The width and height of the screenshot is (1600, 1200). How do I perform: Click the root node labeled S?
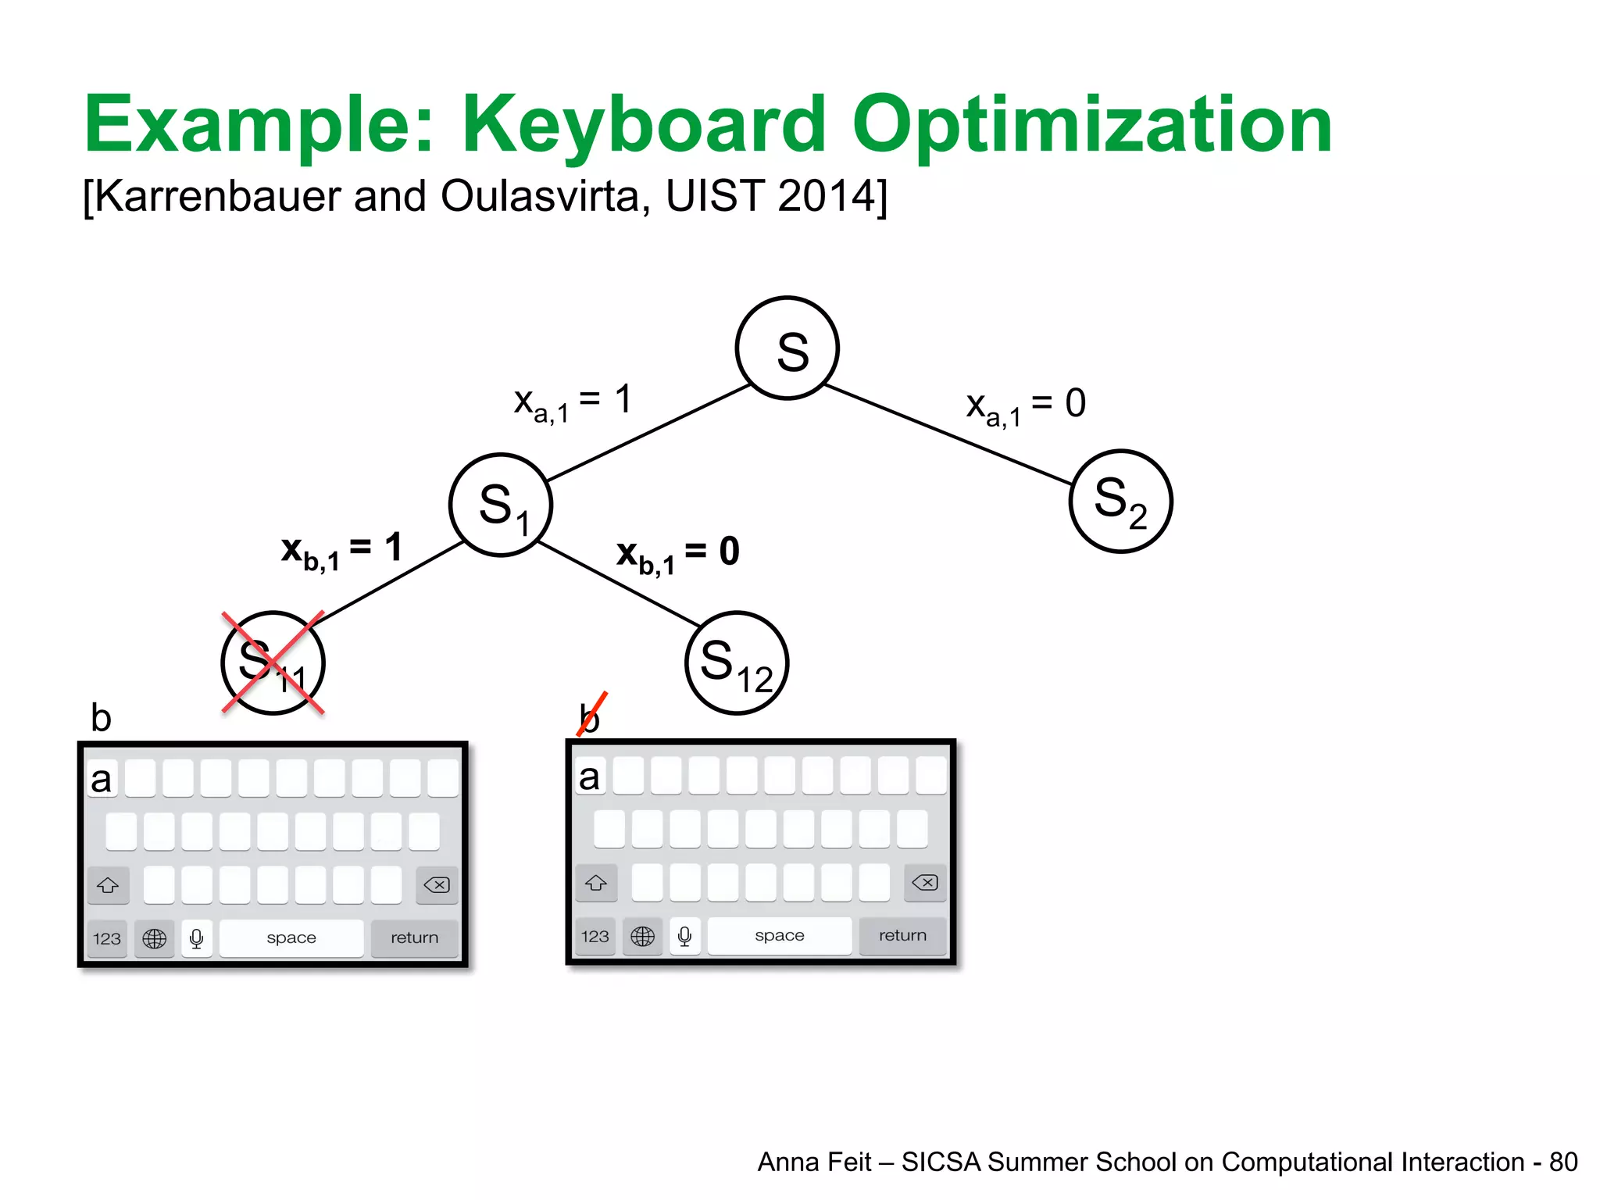tap(787, 348)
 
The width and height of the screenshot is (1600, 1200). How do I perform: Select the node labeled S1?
tap(501, 505)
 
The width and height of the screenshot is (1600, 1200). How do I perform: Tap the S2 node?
tap(1120, 502)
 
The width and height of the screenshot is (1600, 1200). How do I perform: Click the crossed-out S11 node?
tap(273, 662)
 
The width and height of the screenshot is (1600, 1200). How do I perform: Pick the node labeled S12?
tap(737, 662)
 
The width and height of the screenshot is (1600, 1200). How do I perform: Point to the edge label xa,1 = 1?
tap(572, 402)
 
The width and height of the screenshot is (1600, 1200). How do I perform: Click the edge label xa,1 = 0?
tap(1025, 405)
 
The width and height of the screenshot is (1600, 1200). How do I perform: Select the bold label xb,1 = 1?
tap(341, 550)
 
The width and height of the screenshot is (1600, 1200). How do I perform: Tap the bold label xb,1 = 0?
tap(677, 554)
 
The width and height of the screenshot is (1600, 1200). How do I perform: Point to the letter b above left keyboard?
tap(101, 717)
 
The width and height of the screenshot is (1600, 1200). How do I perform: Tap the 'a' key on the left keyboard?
tap(102, 779)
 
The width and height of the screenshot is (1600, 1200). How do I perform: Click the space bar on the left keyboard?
tap(291, 937)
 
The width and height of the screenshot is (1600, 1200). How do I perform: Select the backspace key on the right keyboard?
tap(925, 883)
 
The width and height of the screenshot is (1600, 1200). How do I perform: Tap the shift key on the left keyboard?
tap(108, 885)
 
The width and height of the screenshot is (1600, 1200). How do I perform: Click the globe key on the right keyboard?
tap(642, 936)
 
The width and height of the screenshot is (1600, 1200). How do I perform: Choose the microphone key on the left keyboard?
tap(197, 937)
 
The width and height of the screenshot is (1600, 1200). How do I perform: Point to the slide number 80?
tap(1562, 1162)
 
